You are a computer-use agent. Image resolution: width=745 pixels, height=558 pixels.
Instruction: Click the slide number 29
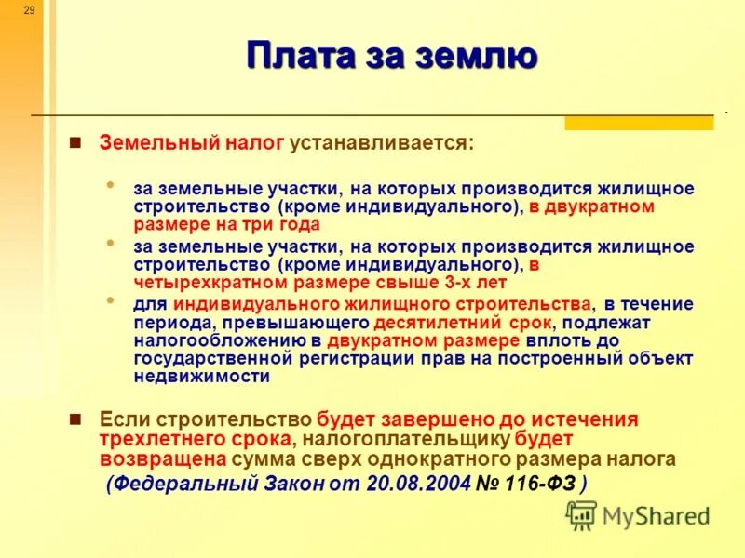point(29,10)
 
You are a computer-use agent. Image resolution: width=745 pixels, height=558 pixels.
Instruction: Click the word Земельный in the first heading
point(159,144)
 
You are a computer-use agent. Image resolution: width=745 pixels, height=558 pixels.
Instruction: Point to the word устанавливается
point(381,144)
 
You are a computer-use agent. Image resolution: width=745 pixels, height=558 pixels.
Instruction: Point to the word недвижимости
point(202,377)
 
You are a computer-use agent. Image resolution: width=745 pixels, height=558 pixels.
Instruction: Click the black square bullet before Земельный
point(76,143)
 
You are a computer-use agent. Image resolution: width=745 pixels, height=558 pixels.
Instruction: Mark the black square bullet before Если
point(76,418)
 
